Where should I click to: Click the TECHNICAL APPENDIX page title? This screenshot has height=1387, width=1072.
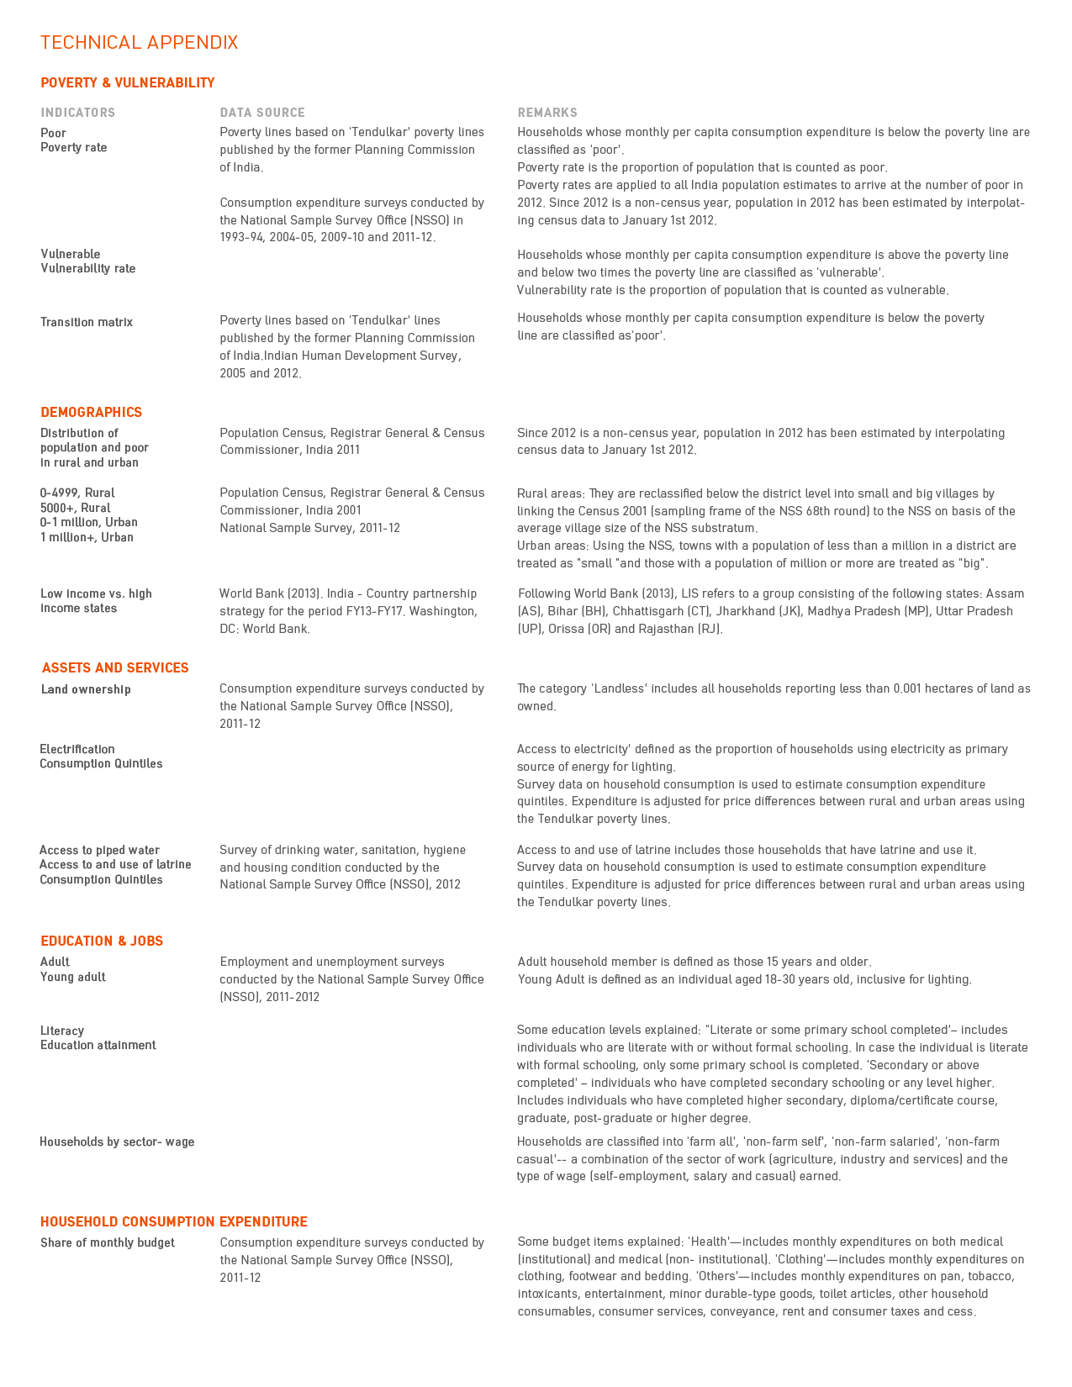pos(140,43)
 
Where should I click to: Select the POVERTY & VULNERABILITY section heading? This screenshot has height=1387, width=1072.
pos(128,83)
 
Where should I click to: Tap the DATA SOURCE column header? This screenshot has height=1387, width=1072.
pos(262,113)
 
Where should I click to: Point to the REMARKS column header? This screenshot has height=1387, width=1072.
pos(547,113)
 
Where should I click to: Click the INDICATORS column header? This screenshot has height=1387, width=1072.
pos(78,113)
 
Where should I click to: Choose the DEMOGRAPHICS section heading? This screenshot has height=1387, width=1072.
pos(92,413)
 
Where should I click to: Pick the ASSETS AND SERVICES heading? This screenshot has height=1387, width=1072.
pos(115,668)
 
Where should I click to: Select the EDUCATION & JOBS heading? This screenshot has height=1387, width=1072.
pos(102,941)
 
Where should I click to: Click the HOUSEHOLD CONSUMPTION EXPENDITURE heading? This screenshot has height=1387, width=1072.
pos(174,1222)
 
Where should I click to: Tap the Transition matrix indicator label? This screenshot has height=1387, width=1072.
pos(87,323)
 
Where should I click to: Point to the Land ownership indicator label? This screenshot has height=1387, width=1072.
pos(86,690)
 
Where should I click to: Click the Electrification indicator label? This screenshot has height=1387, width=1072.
pos(77,750)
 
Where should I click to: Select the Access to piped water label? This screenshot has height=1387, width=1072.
pos(99,851)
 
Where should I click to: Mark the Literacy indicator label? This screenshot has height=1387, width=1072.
pos(62,1031)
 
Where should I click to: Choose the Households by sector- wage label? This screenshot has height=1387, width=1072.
pos(117,1142)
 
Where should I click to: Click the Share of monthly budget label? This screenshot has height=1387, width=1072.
pos(108,1243)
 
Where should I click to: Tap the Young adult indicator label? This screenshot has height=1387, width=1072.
pos(73,978)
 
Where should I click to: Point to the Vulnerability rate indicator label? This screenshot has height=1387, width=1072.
pos(88,269)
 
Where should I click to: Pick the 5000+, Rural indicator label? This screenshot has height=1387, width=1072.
pos(76,509)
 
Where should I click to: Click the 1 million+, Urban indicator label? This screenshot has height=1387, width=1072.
pos(87,538)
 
